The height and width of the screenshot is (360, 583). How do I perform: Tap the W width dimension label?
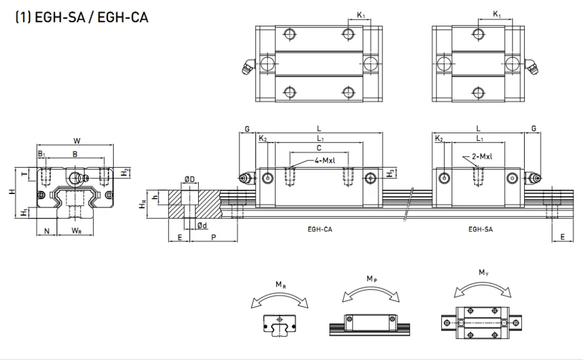tap(77, 140)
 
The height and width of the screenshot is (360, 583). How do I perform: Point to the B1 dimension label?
tap(41, 154)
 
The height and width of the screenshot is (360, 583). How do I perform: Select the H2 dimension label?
tap(125, 172)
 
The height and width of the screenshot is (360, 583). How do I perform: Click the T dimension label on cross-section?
tap(24, 173)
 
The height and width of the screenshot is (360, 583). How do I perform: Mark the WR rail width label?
tap(76, 231)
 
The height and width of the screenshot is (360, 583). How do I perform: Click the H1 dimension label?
tap(23, 213)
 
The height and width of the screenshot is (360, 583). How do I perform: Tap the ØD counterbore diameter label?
tap(189, 178)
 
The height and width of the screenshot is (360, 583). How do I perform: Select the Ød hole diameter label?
tap(201, 225)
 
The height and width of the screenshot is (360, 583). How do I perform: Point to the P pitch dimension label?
tap(213, 237)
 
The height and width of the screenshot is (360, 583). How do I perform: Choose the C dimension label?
tap(318, 148)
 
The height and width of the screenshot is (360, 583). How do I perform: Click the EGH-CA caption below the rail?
tap(320, 230)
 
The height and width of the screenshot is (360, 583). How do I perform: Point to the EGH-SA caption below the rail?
tap(480, 230)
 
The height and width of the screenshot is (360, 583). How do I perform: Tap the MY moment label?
tap(483, 272)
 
